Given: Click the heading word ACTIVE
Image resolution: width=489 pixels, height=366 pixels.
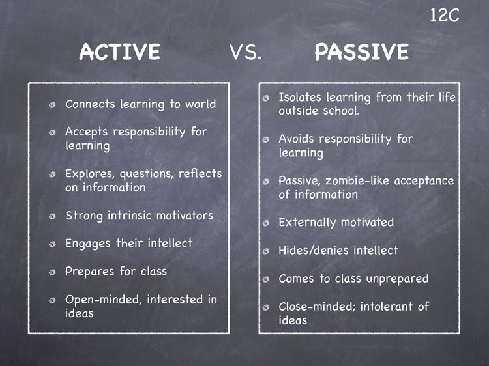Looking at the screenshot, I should coord(119,52).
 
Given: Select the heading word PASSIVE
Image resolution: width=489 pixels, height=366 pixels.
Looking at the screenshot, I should coord(361,52).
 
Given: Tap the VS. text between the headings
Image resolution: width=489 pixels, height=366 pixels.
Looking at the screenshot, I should coord(246,53).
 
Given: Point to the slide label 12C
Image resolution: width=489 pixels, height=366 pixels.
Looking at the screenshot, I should coord(445,16).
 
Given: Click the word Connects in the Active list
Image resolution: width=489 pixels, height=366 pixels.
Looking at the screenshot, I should coord(90,104).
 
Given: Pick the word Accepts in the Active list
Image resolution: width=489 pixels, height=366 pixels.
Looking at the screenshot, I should coord(87,132).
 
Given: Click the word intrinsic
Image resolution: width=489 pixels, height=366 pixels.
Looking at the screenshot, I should coord(128,216).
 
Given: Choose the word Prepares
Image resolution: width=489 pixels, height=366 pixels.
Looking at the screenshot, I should coord(89,272).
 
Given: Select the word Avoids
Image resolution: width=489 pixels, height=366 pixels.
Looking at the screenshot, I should coord(297,139).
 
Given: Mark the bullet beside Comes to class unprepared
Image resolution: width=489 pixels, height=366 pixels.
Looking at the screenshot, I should coord(266,280).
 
